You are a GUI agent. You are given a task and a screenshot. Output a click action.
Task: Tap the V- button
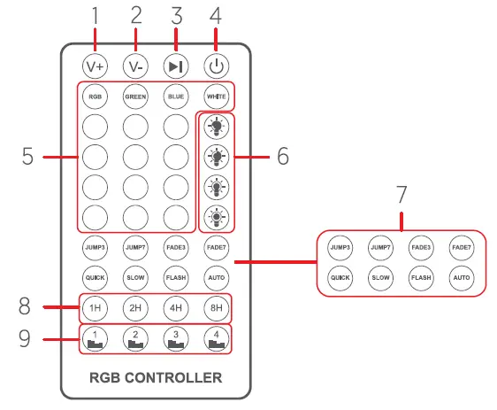[135, 66]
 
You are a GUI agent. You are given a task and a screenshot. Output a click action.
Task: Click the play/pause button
[176, 66]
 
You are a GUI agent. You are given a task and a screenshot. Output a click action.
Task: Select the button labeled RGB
[95, 96]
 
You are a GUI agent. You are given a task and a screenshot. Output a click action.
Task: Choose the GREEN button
[135, 96]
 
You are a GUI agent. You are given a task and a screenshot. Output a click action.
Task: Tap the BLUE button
[176, 96]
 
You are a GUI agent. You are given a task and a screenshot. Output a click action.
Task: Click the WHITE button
[216, 96]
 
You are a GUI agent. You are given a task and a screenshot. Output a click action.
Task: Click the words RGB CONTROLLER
[155, 378]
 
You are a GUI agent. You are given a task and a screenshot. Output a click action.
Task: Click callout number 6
[282, 157]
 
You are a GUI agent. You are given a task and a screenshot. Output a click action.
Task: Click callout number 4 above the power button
[216, 15]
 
